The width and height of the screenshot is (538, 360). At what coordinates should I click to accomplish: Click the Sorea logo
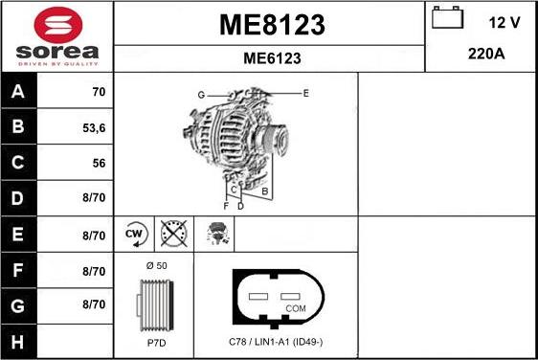[56, 36]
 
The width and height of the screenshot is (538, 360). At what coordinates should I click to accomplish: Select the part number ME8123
[272, 23]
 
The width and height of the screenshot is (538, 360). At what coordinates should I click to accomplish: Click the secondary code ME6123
[272, 58]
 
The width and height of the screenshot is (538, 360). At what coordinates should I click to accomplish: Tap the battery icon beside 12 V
[445, 18]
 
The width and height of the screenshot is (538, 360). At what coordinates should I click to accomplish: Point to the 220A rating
[486, 55]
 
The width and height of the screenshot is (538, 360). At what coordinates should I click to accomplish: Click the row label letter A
[17, 93]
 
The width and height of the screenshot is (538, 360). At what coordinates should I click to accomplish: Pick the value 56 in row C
[98, 164]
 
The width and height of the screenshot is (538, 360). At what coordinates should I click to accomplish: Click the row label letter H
[17, 341]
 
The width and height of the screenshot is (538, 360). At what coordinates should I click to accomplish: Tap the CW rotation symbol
[134, 233]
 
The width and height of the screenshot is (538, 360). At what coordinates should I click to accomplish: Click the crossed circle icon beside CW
[172, 233]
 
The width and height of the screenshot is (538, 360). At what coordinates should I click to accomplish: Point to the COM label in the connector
[296, 308]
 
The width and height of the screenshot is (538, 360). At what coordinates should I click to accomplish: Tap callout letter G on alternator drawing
[201, 94]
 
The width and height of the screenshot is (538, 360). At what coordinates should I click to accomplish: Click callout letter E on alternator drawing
[305, 93]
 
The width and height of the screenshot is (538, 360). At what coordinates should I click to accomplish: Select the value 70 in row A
[98, 93]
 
